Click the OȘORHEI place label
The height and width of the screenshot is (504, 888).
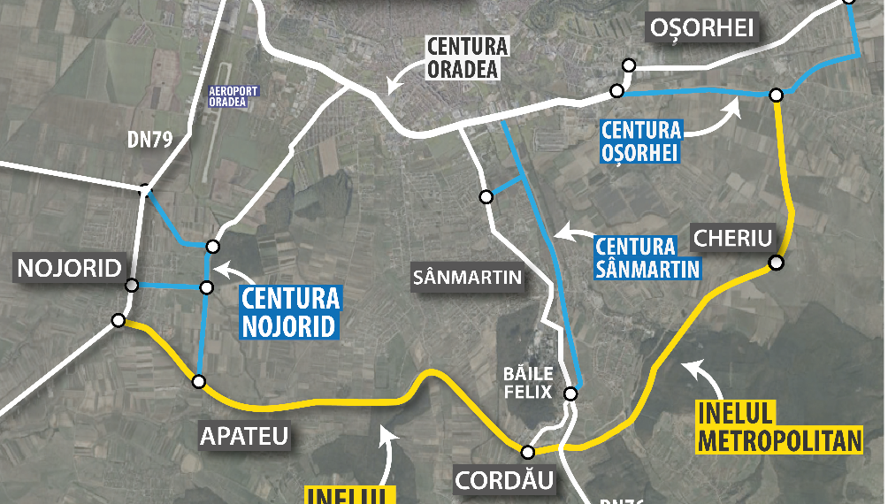pyautogui.click(x=702, y=28)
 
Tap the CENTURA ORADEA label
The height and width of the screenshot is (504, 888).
pyautogui.click(x=467, y=57)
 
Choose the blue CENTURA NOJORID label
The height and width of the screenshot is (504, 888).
pyautogui.click(x=288, y=311)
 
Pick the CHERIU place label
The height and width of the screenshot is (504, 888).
pyautogui.click(x=733, y=238)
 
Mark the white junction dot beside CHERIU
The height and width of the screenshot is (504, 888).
pyautogui.click(x=776, y=263)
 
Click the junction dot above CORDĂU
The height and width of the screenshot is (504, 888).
pyautogui.click(x=528, y=450)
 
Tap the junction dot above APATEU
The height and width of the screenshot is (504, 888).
pyautogui.click(x=199, y=382)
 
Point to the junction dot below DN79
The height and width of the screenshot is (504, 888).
pyautogui.click(x=144, y=189)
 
